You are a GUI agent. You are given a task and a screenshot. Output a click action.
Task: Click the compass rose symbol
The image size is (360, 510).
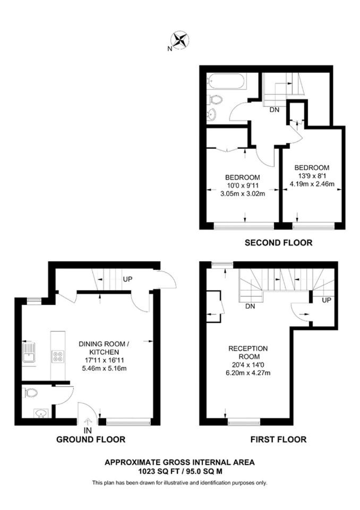coord(180,40)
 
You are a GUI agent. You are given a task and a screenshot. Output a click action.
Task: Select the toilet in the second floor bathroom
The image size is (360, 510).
coord(215,99)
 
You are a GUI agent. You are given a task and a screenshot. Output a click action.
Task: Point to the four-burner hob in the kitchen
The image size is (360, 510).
coord(58,356)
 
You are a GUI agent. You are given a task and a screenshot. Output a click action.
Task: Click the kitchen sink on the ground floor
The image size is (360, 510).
coord(29,352)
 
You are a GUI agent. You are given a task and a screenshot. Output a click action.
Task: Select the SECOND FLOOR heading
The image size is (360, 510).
coord(278,243)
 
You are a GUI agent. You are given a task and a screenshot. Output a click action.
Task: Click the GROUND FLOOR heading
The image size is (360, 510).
coord(91,439)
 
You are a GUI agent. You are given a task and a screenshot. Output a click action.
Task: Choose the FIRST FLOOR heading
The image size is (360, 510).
coord(278,439)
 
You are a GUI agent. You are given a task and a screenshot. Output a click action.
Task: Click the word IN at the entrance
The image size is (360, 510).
coord(88,430)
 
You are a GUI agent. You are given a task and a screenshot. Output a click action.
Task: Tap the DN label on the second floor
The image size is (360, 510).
coord(275,110)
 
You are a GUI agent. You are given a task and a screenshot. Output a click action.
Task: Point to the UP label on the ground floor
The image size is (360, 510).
coord(128,279)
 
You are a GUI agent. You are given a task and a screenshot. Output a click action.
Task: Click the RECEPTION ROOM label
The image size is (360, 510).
coord(248,352)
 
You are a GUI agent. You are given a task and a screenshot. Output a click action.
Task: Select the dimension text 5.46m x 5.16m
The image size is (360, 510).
coord(104,369)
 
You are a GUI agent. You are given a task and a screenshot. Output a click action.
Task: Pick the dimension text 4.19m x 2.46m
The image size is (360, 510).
coord(312,184)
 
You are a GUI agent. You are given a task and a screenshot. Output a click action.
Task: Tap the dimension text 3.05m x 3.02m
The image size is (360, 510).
coord(243,194)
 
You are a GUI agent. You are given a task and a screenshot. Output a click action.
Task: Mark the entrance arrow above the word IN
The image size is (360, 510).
coord(88,422)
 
